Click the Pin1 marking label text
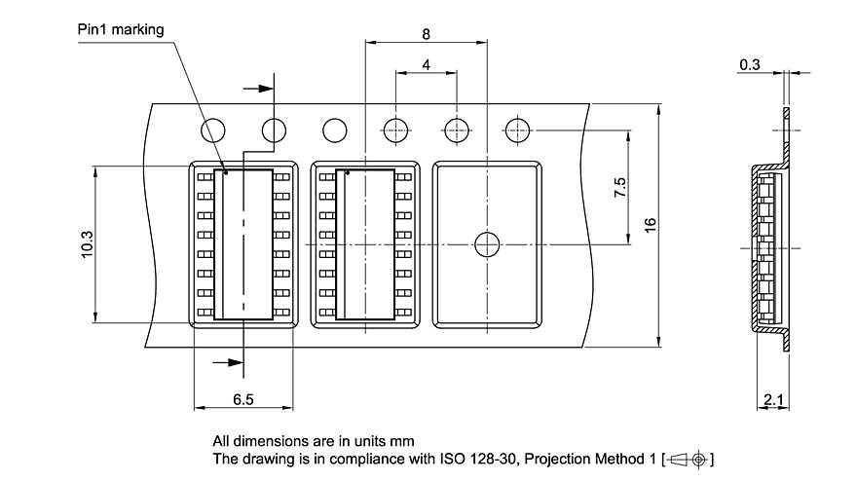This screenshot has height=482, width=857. pyautogui.click(x=121, y=29)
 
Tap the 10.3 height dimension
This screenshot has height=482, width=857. pyautogui.click(x=87, y=243)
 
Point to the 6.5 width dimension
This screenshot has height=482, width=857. pyautogui.click(x=243, y=400)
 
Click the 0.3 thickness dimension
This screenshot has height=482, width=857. pyautogui.click(x=750, y=64)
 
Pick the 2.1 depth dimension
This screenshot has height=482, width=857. pyautogui.click(x=775, y=400)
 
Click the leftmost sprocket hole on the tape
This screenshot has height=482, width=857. pyautogui.click(x=213, y=130)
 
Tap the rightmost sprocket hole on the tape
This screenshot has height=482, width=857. pyautogui.click(x=516, y=130)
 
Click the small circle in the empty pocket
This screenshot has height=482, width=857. pyautogui.click(x=486, y=244)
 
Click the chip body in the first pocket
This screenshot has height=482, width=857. pyautogui.click(x=243, y=244)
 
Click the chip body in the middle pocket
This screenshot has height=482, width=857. pyautogui.click(x=365, y=244)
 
